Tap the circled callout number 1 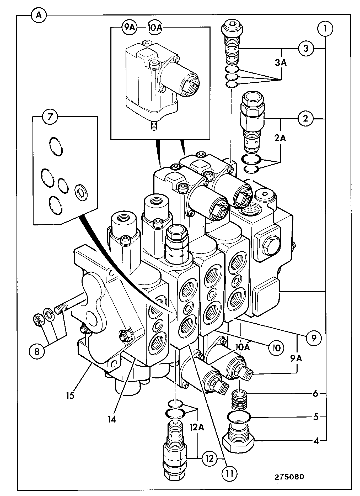(x=325, y=29)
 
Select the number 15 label (x=70, y=395)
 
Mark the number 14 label (x=111, y=420)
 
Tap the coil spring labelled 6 (x=239, y=402)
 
